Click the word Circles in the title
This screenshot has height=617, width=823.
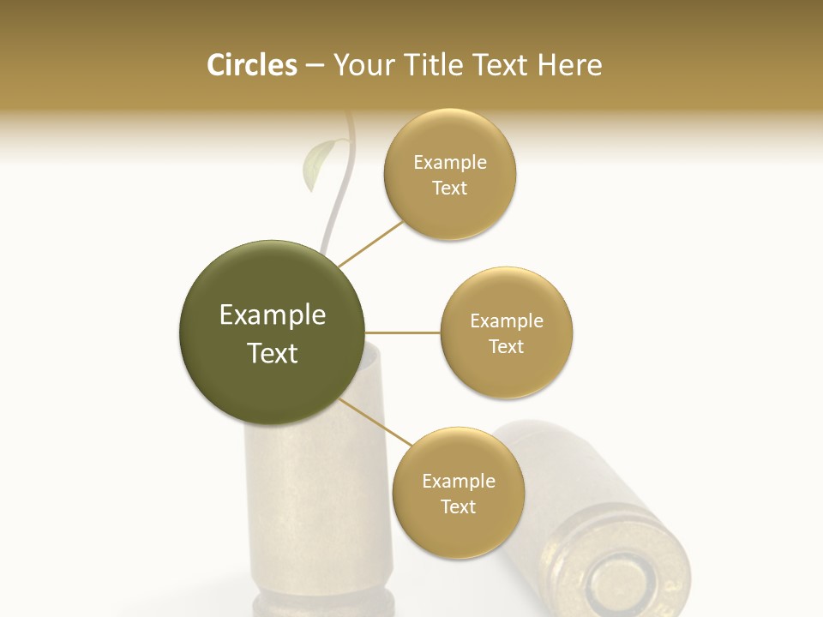tap(251, 65)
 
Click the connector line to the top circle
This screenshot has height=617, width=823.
tap(370, 243)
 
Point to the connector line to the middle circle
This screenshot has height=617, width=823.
tap(403, 332)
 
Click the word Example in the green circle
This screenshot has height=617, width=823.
tap(273, 315)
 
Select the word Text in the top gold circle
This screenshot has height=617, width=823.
tap(449, 189)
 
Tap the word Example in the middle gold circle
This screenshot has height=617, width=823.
tap(507, 321)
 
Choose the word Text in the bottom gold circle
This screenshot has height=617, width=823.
tap(458, 506)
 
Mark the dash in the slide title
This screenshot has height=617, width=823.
tap(315, 66)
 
